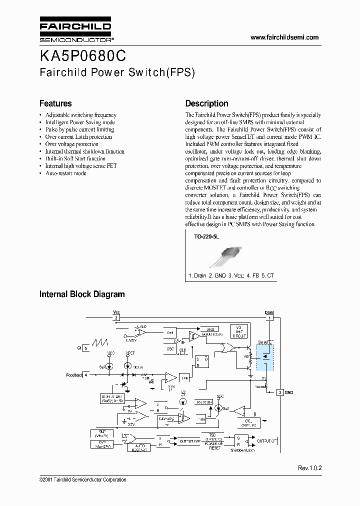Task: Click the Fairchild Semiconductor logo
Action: pyautogui.click(x=75, y=31)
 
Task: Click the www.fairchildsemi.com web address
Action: pyautogui.click(x=284, y=37)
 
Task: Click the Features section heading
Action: pyautogui.click(x=55, y=103)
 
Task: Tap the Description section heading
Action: pyautogui.click(x=206, y=103)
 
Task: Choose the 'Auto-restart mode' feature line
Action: pyautogui.click(x=65, y=173)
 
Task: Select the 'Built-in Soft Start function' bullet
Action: pyautogui.click(x=75, y=158)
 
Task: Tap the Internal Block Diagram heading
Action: pyautogui.click(x=82, y=294)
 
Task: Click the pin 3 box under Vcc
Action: pyautogui.click(x=116, y=317)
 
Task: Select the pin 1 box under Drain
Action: pyautogui.click(x=269, y=317)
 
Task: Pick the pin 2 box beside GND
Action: pyautogui.click(x=280, y=392)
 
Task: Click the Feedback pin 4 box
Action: pyautogui.click(x=86, y=374)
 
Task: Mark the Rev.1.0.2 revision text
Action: pyautogui.click(x=309, y=468)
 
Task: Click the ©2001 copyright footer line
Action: pyautogui.click(x=82, y=479)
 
